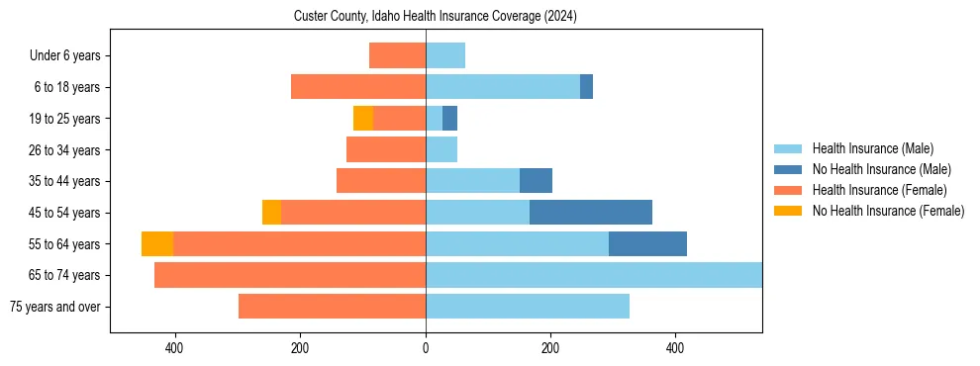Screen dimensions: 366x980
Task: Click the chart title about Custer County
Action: point(436,17)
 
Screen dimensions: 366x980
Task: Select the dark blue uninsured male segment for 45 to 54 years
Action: point(591,213)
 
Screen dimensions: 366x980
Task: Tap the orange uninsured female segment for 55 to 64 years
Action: point(157,244)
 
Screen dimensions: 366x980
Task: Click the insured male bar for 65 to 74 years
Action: point(593,275)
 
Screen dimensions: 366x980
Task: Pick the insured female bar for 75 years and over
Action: point(332,307)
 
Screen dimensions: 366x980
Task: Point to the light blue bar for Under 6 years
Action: point(445,55)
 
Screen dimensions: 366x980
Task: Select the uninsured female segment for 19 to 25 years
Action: point(363,119)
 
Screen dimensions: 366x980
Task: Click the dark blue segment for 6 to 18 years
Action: point(586,87)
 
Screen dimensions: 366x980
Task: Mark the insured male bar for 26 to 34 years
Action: point(441,149)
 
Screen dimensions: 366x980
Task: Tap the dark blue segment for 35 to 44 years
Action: point(536,181)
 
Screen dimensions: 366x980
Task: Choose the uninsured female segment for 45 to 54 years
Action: point(271,213)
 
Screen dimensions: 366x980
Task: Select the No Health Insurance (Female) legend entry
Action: point(888,211)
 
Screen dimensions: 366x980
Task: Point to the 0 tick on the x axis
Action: point(426,348)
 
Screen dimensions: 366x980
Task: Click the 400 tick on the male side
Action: point(676,348)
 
